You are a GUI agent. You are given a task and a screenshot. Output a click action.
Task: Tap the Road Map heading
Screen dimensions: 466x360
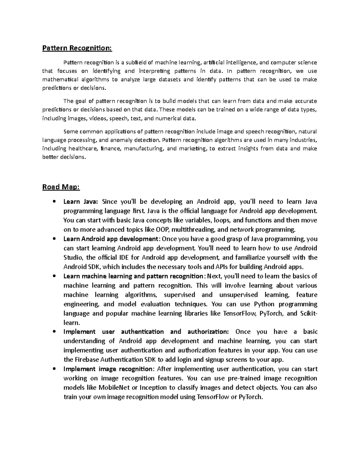point(61,187)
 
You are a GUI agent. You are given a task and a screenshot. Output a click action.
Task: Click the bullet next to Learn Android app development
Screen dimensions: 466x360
point(54,239)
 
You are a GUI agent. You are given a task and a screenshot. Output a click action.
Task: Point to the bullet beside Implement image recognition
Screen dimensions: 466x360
point(54,369)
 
